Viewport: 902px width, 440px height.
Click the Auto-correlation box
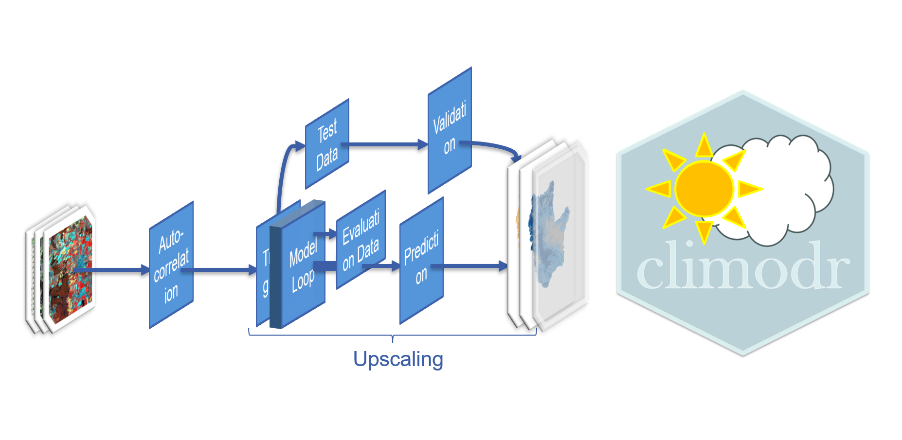171,265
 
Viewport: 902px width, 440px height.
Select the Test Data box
327,144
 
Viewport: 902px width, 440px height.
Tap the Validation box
450,130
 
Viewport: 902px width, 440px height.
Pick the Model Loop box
303,265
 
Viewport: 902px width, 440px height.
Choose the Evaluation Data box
361,240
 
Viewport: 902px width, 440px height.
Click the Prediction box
421,261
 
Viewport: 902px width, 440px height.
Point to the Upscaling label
398,359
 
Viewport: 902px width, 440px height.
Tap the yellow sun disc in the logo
704,189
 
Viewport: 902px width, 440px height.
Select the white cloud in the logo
778,190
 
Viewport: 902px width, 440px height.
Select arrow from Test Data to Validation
384,144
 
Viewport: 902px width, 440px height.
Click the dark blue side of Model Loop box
275,277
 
